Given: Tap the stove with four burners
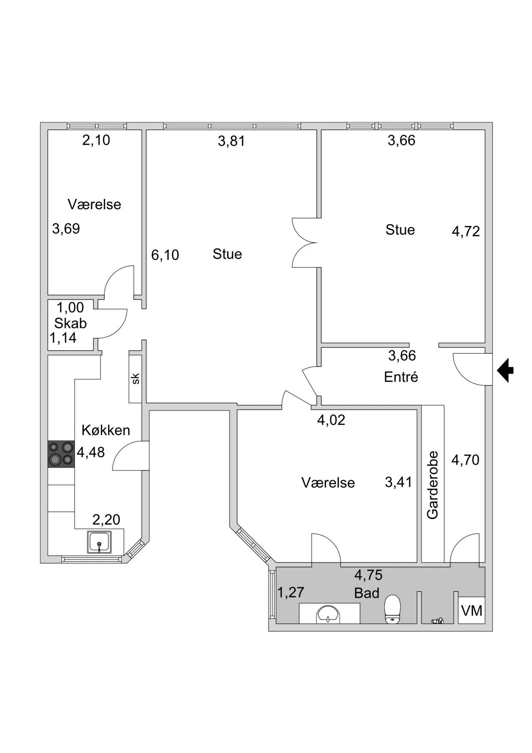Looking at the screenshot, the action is click(x=61, y=454).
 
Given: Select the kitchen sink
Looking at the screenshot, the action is click(x=99, y=542).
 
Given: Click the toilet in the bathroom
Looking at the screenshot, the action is click(x=392, y=609).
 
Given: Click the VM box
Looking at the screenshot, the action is click(x=472, y=610).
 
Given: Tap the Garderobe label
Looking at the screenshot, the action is click(x=432, y=485).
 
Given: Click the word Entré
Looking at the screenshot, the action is click(x=401, y=377).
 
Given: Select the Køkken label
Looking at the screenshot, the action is click(x=106, y=430).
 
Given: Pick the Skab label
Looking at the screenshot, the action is click(x=70, y=323).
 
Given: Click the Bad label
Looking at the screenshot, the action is click(x=367, y=593).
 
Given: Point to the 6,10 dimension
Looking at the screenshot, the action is click(x=165, y=255).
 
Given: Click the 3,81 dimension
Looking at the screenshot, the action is click(x=231, y=141).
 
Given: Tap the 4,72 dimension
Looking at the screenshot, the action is click(x=465, y=231).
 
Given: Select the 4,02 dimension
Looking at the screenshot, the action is click(x=331, y=420).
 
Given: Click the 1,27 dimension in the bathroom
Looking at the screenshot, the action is click(x=290, y=592).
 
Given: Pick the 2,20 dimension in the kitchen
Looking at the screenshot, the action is click(x=106, y=520).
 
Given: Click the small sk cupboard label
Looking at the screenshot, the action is click(x=136, y=379).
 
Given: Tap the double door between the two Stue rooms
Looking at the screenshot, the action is click(x=305, y=243).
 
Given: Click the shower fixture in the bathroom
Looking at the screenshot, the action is click(x=437, y=620).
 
